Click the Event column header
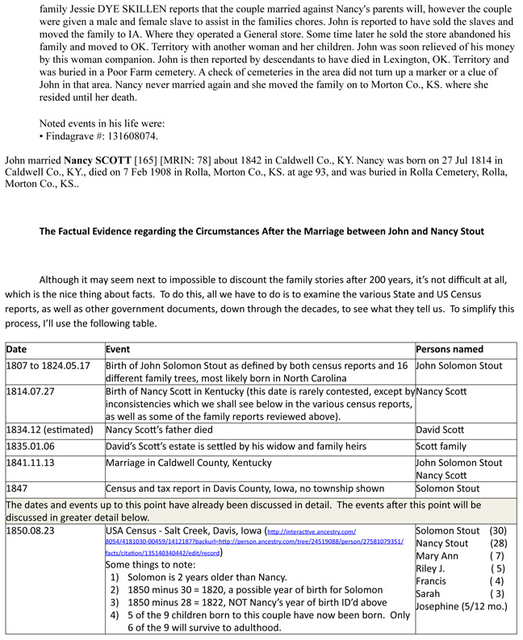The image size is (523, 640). [x=121, y=349]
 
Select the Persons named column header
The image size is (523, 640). [x=450, y=349]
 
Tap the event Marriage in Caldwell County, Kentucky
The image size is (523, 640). [x=189, y=463]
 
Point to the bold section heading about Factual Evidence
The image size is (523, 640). [x=261, y=231]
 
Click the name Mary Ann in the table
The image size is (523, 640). [x=437, y=555]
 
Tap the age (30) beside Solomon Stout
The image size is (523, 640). [x=500, y=530]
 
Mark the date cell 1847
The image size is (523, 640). [x=19, y=488]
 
